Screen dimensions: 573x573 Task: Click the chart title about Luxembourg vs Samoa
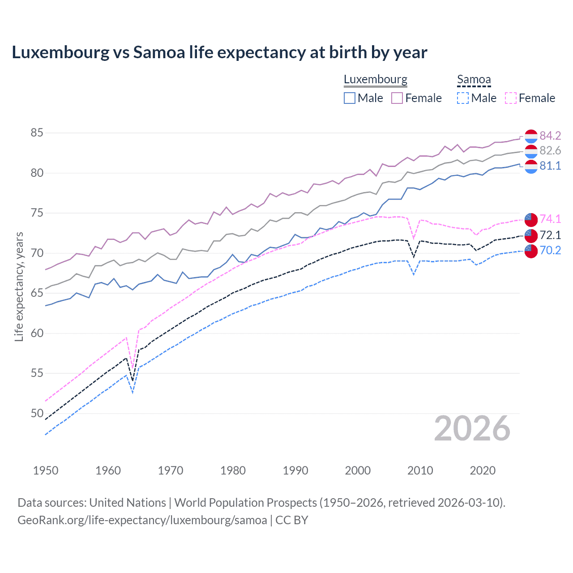tap(219, 52)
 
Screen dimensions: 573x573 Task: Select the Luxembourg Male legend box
tap(350, 98)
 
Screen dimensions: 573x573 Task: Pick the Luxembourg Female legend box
tap(397, 98)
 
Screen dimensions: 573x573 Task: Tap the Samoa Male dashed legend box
tap(463, 98)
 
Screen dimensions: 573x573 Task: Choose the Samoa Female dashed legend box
tap(511, 98)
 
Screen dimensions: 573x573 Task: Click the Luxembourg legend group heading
tap(375, 80)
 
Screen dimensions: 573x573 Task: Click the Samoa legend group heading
tap(474, 80)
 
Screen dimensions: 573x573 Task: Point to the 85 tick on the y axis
tap(37, 133)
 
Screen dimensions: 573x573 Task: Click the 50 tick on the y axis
tap(37, 413)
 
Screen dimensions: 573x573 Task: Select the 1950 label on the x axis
tap(46, 470)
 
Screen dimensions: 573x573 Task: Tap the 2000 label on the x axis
tap(358, 470)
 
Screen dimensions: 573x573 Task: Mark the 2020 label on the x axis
tap(483, 470)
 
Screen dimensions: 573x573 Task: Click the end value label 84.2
tap(550, 136)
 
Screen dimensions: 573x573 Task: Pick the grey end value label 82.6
tap(550, 151)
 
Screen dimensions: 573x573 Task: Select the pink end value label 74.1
tap(550, 219)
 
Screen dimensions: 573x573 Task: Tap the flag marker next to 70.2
tap(531, 251)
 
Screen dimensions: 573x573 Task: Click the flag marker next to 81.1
tap(531, 167)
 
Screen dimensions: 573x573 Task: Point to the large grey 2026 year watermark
tap(472, 429)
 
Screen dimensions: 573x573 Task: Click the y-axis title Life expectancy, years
tap(19, 286)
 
